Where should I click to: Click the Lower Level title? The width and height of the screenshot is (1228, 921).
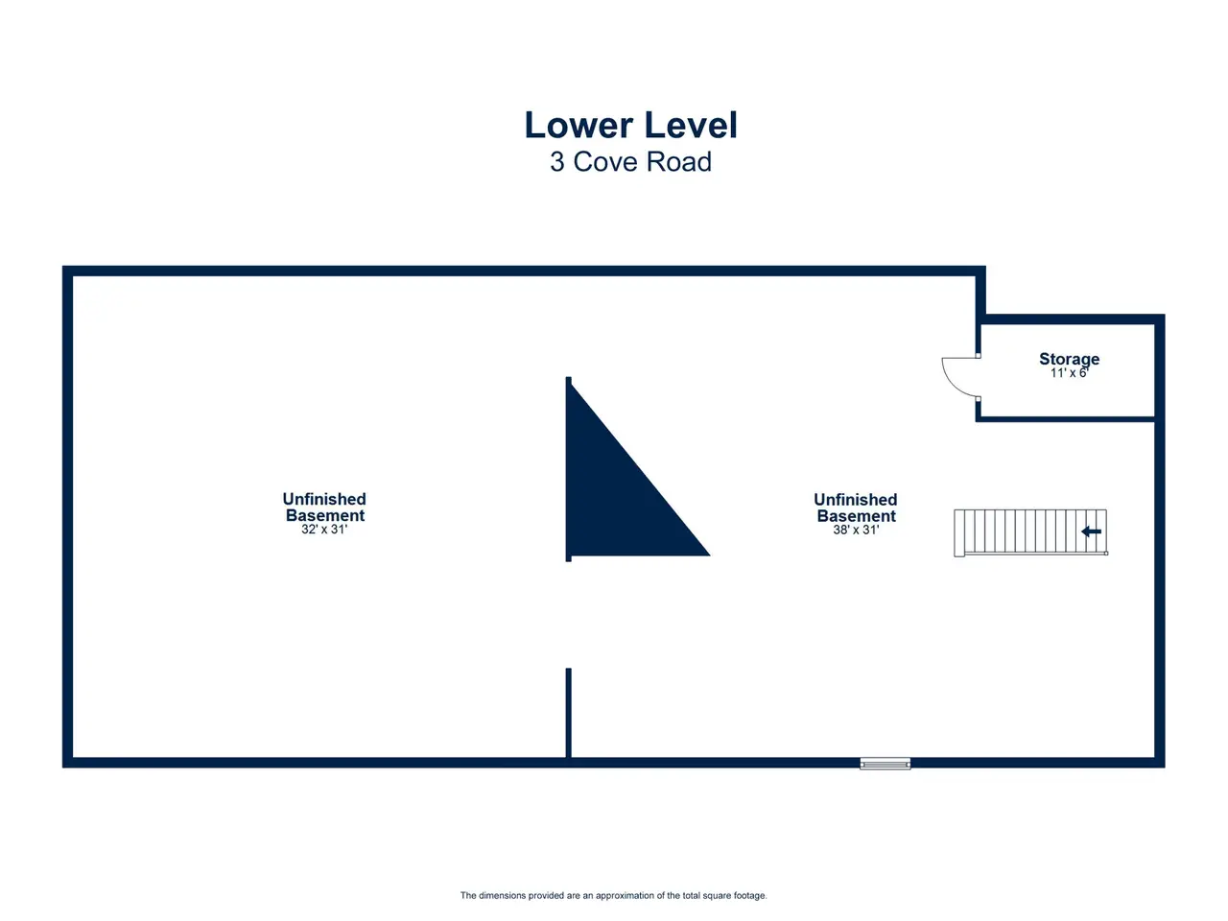[x=630, y=125]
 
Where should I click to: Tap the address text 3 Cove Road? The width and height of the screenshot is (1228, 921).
[x=630, y=161]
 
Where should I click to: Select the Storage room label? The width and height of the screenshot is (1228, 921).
[x=1069, y=360]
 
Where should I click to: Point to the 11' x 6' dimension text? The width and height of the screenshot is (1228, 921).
[x=1069, y=373]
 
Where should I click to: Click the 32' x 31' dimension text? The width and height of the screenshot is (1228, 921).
[x=324, y=529]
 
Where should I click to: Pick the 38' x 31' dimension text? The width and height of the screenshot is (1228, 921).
[x=856, y=530]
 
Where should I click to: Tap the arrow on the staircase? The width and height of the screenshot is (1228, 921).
[x=1091, y=531]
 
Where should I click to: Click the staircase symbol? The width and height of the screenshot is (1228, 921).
[x=1030, y=532]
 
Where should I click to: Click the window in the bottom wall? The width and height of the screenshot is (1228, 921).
[x=886, y=764]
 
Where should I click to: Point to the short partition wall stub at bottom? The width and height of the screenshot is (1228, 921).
[x=568, y=713]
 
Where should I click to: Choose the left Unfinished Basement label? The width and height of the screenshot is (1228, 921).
[x=324, y=507]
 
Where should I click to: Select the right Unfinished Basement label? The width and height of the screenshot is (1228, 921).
[x=856, y=508]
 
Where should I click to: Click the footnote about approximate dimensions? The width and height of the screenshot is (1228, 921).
[x=614, y=895]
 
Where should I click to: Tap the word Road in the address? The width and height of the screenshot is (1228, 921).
[x=679, y=161]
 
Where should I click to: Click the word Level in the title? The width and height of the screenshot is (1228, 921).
[x=691, y=125]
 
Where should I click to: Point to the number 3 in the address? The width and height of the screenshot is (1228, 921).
[x=556, y=161]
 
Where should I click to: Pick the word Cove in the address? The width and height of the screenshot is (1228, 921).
[x=606, y=161]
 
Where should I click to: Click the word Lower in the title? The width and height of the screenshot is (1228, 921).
[x=579, y=125]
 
